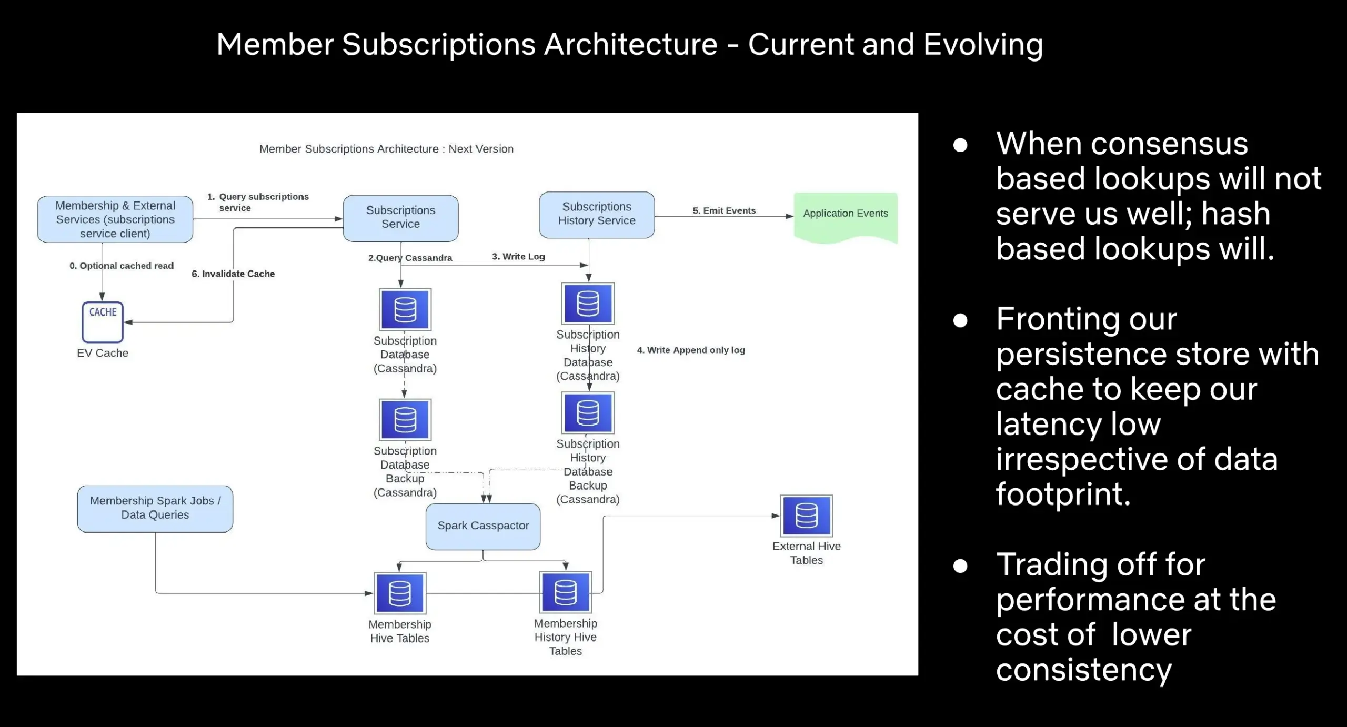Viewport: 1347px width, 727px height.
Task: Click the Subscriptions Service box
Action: pos(400,218)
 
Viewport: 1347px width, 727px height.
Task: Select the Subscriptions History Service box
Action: pos(597,215)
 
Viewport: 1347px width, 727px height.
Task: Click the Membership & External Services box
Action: pos(115,219)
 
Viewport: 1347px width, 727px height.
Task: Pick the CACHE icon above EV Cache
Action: pos(103,322)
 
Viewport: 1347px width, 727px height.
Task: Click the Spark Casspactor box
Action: pos(483,527)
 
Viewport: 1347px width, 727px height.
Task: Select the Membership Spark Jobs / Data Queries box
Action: pos(155,509)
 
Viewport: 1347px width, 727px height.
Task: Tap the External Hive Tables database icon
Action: pos(807,516)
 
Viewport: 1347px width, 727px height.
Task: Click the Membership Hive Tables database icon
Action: pos(400,593)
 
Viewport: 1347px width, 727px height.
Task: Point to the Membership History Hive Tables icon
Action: pos(566,592)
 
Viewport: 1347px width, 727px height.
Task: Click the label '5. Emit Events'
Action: pos(724,210)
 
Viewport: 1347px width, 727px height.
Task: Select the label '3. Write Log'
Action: pos(518,256)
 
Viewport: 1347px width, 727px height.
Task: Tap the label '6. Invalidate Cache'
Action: pos(233,274)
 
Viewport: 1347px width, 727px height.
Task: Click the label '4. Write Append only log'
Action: pos(691,350)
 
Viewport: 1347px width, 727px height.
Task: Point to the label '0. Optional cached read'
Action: pos(122,266)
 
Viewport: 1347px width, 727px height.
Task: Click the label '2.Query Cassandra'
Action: pos(410,258)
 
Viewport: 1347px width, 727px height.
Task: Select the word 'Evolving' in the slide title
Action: pos(983,45)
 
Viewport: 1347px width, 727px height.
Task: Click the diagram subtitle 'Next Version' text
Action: pos(481,149)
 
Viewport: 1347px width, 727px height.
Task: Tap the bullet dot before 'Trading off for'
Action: pos(960,566)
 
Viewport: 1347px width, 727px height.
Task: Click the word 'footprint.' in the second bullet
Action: pos(1063,494)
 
